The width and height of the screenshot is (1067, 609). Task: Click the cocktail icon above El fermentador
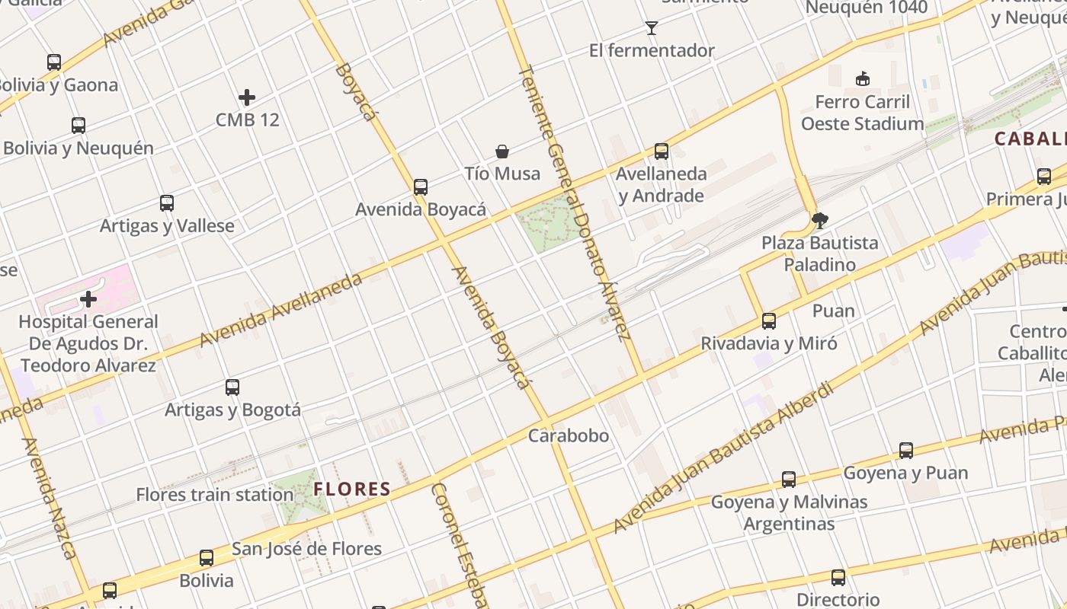point(651,28)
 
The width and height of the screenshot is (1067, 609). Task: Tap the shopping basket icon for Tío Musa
point(502,151)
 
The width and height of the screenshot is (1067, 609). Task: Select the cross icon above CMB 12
point(246,97)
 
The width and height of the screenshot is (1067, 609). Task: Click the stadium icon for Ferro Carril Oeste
point(863,78)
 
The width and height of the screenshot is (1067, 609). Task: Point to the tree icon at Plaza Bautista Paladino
point(820,221)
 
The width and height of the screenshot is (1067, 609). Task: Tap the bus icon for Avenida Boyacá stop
point(420,187)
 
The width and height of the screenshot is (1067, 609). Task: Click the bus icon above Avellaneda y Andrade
point(661,151)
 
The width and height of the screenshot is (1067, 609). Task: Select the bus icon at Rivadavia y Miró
point(768,321)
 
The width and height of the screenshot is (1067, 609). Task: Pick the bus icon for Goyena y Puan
point(905,451)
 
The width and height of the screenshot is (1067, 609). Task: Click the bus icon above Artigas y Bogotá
point(232,387)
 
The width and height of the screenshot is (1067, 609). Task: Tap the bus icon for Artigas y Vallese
point(167,203)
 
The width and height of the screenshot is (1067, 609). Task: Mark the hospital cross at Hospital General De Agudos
point(88,299)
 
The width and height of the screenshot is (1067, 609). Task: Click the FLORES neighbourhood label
point(352,489)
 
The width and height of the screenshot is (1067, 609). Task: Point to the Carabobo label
point(569,435)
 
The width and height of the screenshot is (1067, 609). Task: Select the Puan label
point(833,311)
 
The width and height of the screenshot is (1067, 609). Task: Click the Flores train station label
point(214,495)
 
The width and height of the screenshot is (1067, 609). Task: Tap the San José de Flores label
point(306,548)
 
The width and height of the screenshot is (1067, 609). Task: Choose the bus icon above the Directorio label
point(838,578)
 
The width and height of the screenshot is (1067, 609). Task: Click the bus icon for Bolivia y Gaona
point(54,62)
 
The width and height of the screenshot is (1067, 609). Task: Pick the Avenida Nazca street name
point(50,499)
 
